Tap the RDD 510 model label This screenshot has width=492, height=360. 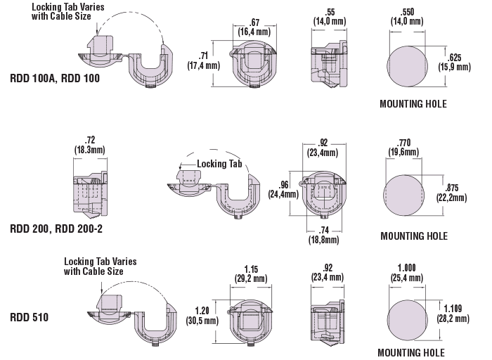pyautogui.click(x=30, y=316)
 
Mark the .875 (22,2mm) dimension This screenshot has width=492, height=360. pyautogui.click(x=457, y=193)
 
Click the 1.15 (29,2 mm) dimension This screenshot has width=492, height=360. pyautogui.click(x=250, y=274)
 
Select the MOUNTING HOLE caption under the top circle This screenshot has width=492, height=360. pyautogui.click(x=413, y=103)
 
